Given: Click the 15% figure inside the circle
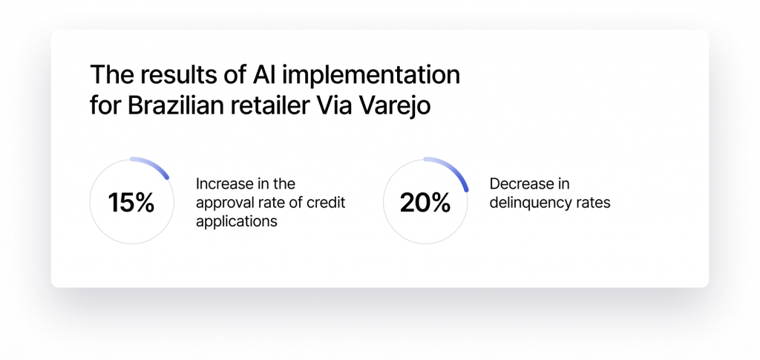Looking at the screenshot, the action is tap(131, 203).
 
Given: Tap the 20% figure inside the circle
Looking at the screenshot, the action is tap(425, 203).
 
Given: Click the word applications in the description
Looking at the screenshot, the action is tap(237, 222).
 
